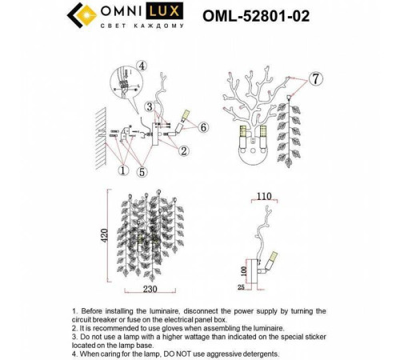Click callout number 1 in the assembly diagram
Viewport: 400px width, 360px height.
click(x=122, y=169)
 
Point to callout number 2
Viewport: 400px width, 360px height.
click(x=184, y=150)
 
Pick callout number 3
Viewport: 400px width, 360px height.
click(x=149, y=106)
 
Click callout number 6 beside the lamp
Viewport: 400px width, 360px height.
click(x=203, y=127)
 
